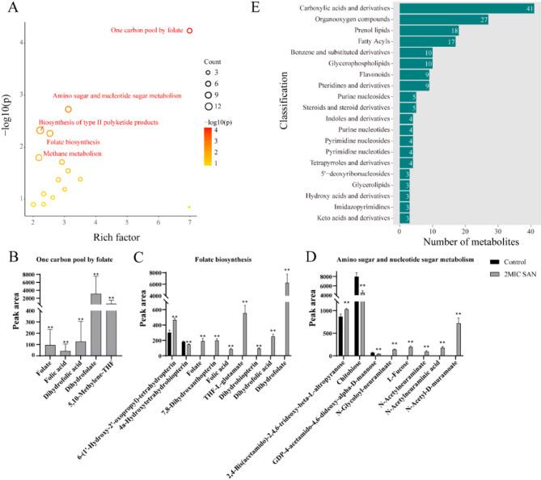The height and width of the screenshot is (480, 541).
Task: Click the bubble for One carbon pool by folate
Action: (189, 31)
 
